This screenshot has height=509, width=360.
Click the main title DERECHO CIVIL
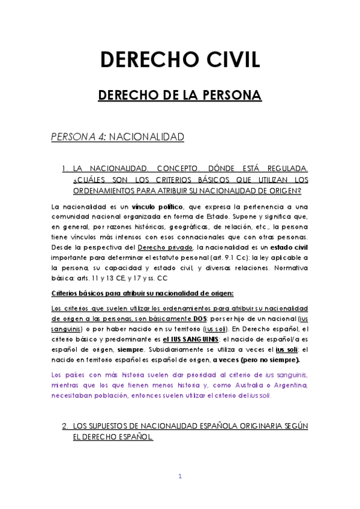180,61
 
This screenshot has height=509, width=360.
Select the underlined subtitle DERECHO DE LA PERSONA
180,95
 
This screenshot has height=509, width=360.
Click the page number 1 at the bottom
179,477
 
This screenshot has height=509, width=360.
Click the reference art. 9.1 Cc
205,258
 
